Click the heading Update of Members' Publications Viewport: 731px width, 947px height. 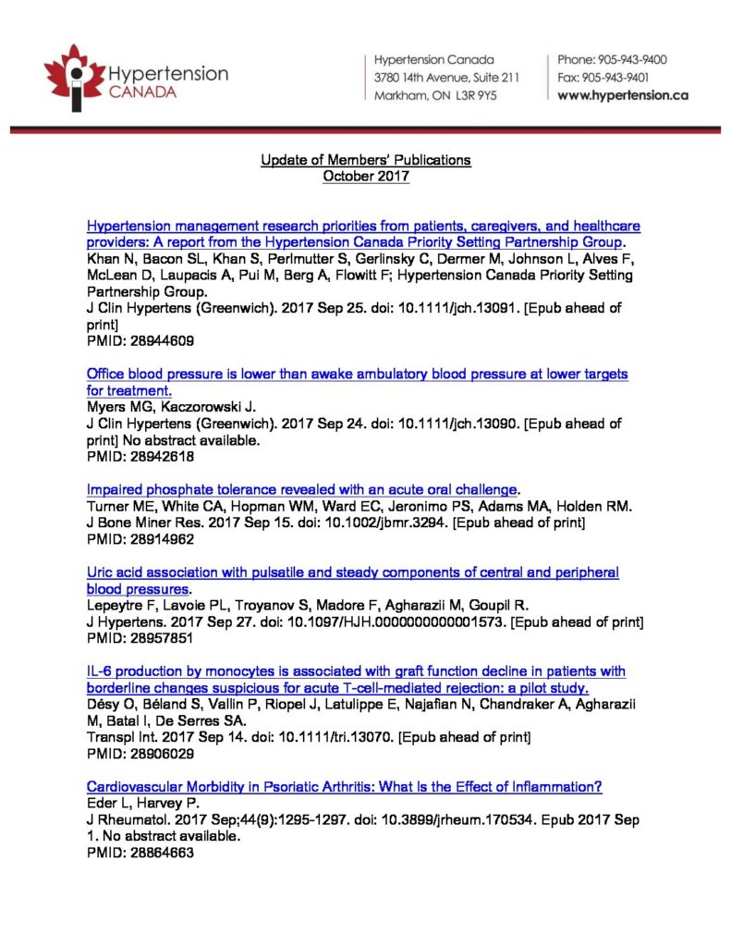pos(365,160)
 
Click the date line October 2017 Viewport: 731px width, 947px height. pos(365,176)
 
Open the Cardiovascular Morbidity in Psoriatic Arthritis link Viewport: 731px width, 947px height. pos(344,786)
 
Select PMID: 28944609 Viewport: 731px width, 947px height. pos(140,340)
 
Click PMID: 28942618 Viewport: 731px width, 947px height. pos(140,456)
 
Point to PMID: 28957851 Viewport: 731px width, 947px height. pos(140,637)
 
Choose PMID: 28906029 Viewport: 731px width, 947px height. pos(140,753)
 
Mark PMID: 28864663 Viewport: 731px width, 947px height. pos(140,853)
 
